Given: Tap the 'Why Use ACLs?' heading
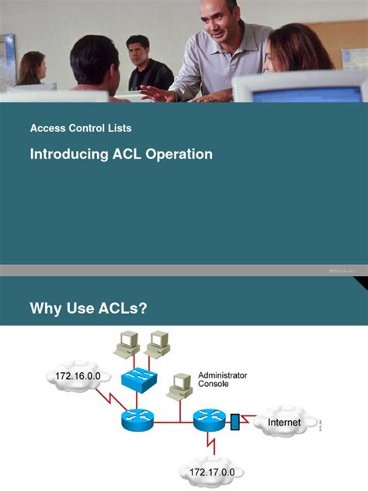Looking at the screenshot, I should (x=88, y=309).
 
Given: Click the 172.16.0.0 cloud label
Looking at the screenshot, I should (x=75, y=378).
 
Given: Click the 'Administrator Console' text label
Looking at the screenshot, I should (x=222, y=379).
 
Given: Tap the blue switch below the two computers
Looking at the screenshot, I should (x=138, y=380).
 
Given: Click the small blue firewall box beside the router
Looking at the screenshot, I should (x=235, y=423).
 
